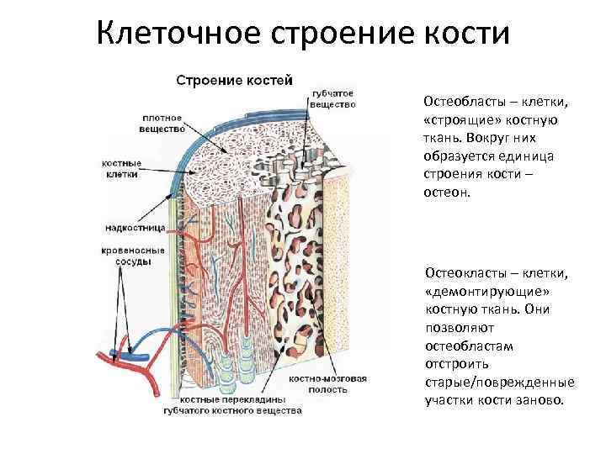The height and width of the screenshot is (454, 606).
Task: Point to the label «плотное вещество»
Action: (x=163, y=124)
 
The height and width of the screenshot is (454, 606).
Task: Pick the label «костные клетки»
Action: (x=121, y=168)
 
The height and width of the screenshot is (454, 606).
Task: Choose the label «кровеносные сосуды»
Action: (x=128, y=256)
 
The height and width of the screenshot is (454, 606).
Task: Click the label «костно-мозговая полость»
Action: (x=327, y=385)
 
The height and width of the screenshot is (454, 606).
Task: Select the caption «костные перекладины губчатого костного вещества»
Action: (x=232, y=407)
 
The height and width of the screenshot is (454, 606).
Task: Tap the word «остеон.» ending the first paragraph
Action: (x=449, y=193)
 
